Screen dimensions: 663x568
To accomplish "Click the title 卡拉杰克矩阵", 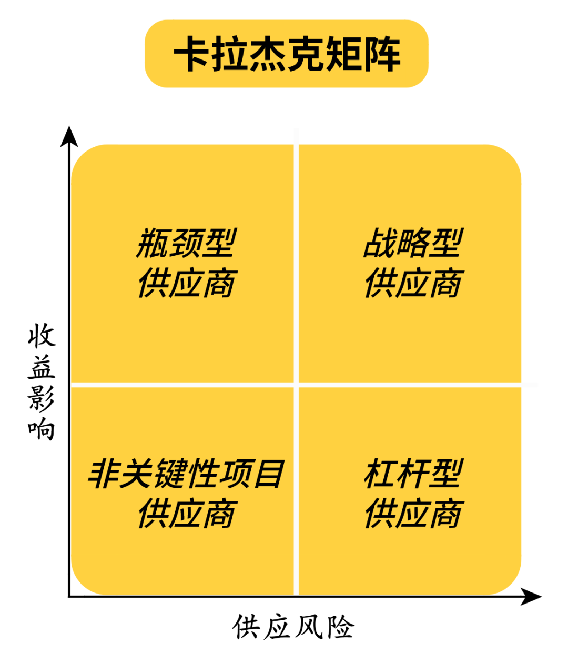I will tap(287, 54).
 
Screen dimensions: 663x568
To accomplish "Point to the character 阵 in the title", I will tap(382, 54).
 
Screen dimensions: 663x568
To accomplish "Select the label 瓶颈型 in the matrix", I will tap(186, 243).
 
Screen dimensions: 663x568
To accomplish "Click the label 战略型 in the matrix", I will tap(413, 243).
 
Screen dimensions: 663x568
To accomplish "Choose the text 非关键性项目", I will tap(186, 474).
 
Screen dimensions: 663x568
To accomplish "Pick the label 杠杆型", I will tap(413, 474).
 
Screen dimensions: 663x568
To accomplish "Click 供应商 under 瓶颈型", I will tap(186, 283).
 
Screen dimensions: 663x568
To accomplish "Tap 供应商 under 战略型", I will tap(413, 283).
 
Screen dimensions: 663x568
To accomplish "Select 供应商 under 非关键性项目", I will tap(186, 514).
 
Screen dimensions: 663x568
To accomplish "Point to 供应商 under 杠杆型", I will tap(413, 514).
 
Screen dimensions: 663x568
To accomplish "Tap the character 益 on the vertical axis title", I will tap(42, 367).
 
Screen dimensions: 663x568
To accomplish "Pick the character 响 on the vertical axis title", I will tap(42, 429).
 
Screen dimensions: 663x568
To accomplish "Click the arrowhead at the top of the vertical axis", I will tap(69, 137).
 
